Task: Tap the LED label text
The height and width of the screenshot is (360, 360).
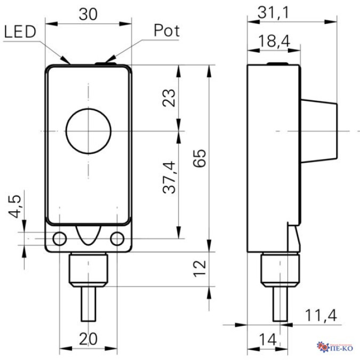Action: coord(20,32)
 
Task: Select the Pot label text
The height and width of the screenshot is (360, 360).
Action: coord(166,30)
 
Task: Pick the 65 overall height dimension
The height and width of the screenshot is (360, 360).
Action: coord(199,158)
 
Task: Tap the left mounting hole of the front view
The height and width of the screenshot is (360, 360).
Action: coord(59,238)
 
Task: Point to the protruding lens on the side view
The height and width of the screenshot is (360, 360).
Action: coord(320,131)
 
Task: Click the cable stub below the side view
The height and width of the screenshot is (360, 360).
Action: coord(279,305)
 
